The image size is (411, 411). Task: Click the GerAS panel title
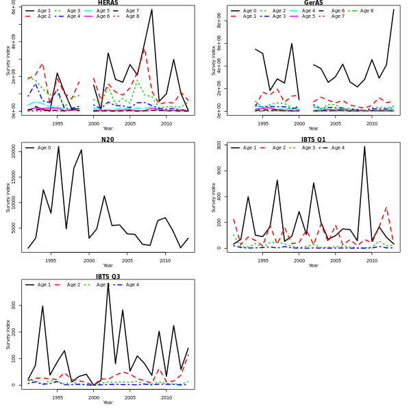[x=313, y=3]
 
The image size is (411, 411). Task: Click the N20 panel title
[x=108, y=140]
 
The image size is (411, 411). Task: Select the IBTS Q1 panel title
[x=313, y=140]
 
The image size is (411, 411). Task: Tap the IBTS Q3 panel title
[x=108, y=277]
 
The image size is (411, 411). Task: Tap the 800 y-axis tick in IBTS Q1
[x=220, y=146]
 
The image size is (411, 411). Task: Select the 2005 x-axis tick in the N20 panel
[x=127, y=260]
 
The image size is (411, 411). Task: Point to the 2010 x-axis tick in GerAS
[x=371, y=123]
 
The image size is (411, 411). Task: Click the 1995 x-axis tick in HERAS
[x=58, y=123]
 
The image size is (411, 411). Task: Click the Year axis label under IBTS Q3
[x=108, y=403]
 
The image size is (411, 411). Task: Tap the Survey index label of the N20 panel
[x=8, y=197]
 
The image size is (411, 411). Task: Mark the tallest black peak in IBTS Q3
[x=108, y=284]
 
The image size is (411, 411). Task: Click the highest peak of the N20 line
[x=58, y=147]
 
